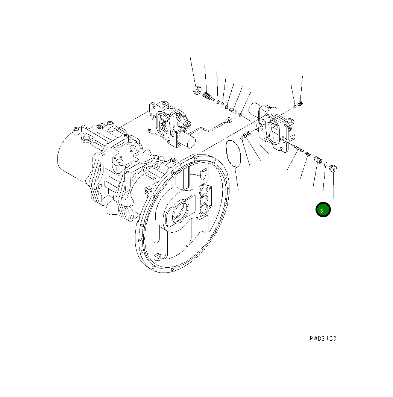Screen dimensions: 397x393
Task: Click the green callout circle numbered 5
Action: point(323,210)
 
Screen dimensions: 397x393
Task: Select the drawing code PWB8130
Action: point(323,338)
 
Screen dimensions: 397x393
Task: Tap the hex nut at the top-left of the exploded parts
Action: point(196,90)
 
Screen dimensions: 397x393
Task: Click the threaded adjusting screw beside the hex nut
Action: point(207,96)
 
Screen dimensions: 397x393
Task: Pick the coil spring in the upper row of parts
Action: point(233,111)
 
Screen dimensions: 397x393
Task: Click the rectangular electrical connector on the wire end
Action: point(228,121)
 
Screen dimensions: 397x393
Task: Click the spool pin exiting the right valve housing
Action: point(299,149)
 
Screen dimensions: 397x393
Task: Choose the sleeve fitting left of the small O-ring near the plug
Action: point(318,160)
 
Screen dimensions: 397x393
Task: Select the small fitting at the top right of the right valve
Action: point(300,103)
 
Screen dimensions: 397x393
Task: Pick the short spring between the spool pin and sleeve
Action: point(308,153)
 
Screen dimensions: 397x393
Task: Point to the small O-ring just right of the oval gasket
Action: point(241,138)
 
